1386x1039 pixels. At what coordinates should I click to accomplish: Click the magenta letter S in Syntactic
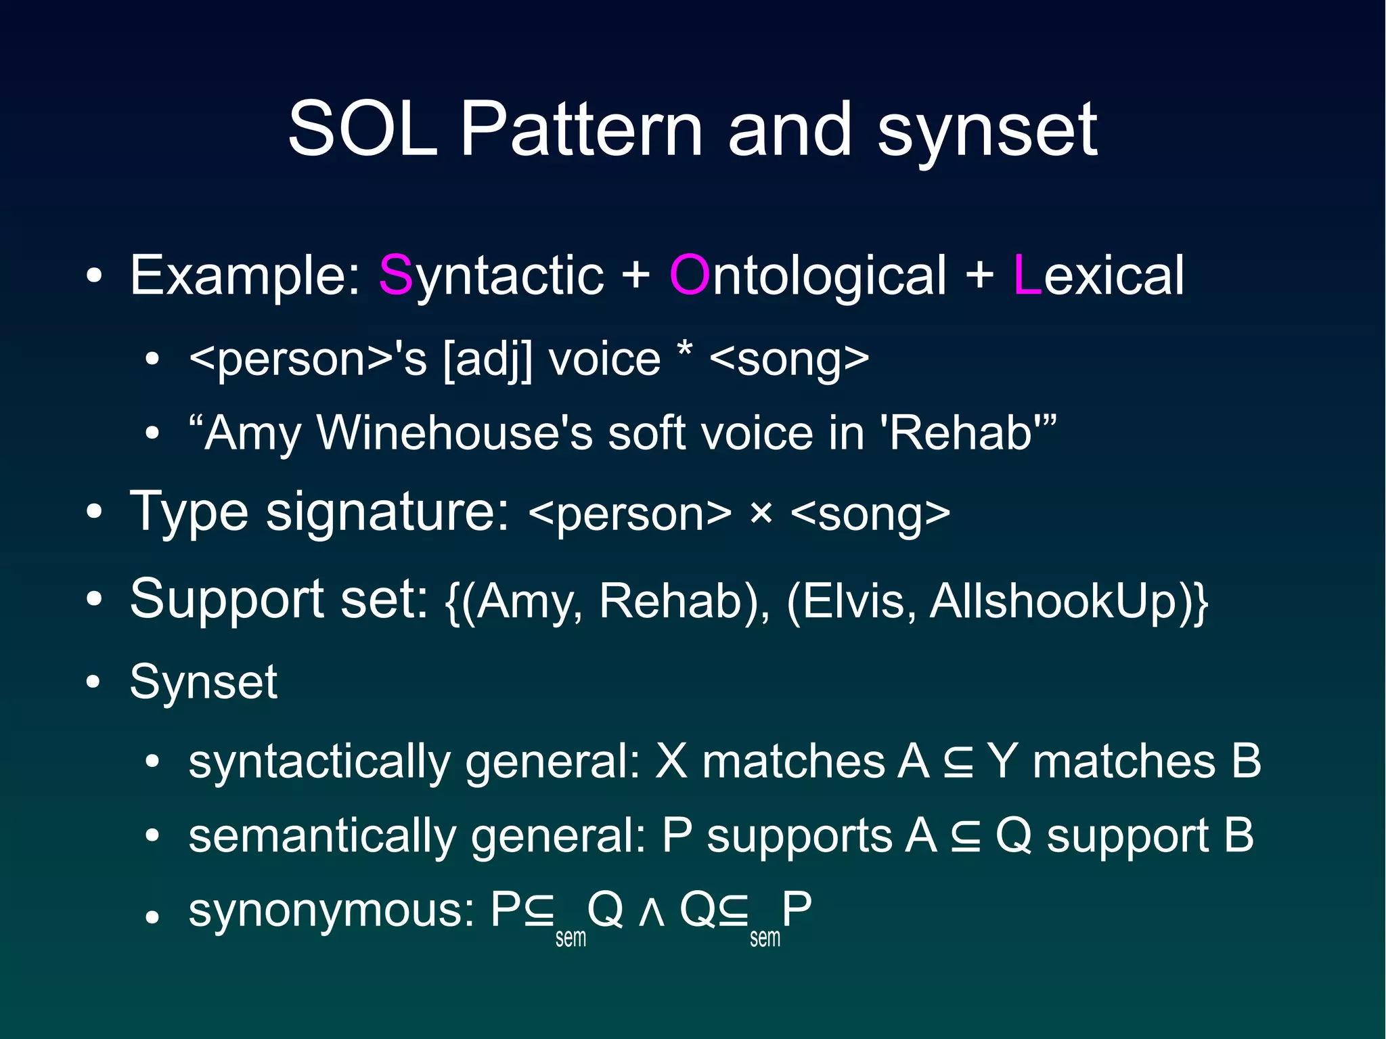396,275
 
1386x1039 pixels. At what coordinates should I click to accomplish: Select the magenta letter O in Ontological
689,275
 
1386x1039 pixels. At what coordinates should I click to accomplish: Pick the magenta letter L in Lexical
1027,275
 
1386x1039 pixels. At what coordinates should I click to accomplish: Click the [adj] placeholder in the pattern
487,359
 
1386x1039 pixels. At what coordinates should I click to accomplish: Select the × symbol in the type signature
761,514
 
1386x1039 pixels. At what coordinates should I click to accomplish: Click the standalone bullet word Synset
203,682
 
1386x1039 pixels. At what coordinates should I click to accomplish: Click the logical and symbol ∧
651,912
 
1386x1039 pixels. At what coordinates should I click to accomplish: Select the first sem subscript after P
571,938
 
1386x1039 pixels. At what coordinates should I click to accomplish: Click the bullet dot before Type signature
94,513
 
